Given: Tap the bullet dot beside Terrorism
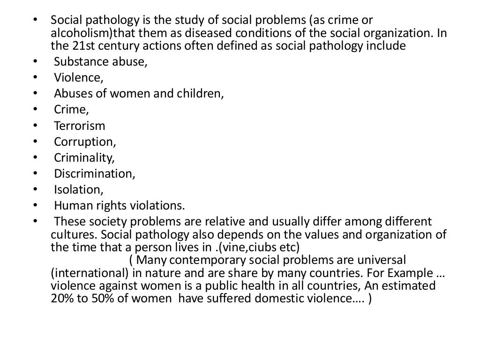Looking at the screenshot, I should tap(36, 126).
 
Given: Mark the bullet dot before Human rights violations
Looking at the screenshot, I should tap(36, 205).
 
